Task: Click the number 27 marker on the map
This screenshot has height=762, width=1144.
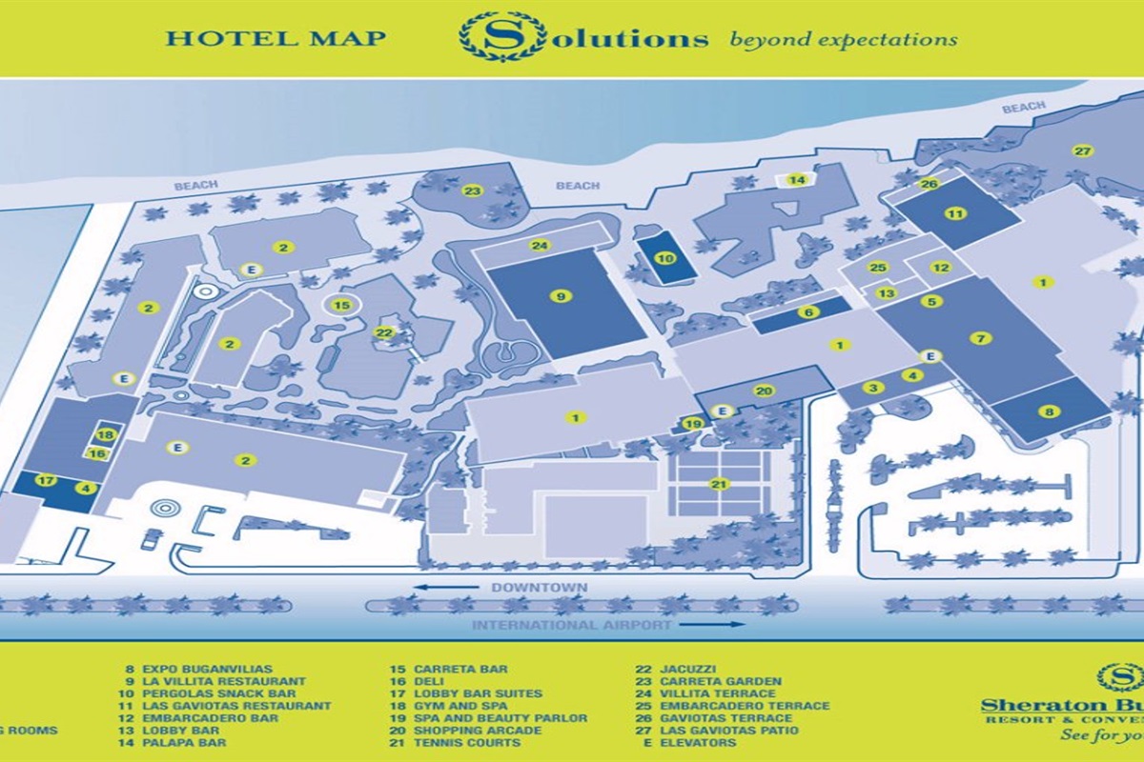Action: [1081, 151]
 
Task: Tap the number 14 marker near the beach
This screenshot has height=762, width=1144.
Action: [797, 180]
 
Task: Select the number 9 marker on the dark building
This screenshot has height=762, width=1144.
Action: [562, 296]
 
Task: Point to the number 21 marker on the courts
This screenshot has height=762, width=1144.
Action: [718, 484]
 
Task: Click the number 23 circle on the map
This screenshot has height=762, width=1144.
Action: [471, 190]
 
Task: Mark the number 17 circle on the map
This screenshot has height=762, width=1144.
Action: [45, 480]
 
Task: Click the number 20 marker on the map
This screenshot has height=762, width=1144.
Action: [763, 391]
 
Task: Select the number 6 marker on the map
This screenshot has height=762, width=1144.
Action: [807, 312]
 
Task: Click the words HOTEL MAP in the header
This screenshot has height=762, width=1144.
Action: [276, 38]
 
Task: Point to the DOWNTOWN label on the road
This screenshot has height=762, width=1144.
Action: [539, 588]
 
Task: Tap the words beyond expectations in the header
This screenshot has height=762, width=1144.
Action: [843, 40]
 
